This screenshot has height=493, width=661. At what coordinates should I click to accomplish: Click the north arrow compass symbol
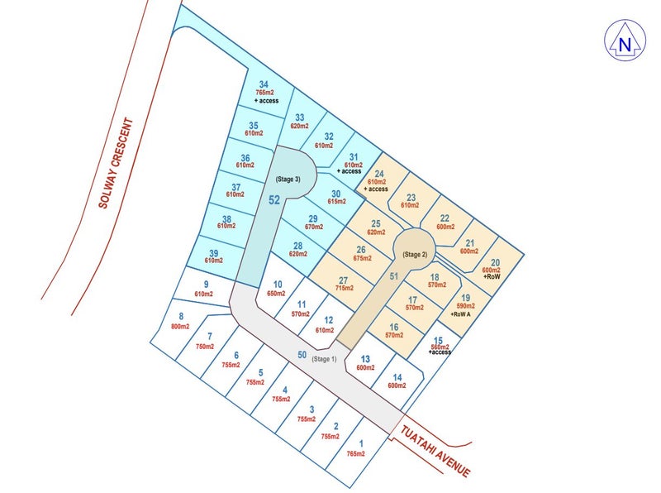[x=625, y=39]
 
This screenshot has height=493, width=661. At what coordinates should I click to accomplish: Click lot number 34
[x=264, y=84]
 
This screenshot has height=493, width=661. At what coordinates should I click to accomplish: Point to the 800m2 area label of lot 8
[x=179, y=327]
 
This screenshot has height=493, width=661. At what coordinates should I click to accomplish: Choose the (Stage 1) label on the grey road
[x=324, y=358]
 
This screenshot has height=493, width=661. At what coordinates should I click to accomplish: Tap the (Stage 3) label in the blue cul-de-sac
[x=288, y=179]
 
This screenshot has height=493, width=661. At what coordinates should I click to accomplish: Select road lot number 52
[x=274, y=199]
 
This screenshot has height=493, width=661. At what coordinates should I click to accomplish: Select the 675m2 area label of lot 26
[x=361, y=259]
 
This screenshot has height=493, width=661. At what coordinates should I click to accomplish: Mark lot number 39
[x=213, y=252]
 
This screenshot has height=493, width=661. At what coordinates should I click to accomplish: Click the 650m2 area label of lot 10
[x=277, y=294]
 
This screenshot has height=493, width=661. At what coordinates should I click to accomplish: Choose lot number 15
[x=438, y=341]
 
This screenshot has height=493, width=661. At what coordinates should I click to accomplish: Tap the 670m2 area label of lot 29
[x=313, y=227]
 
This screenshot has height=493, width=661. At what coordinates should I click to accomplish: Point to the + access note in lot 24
[x=377, y=189]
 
